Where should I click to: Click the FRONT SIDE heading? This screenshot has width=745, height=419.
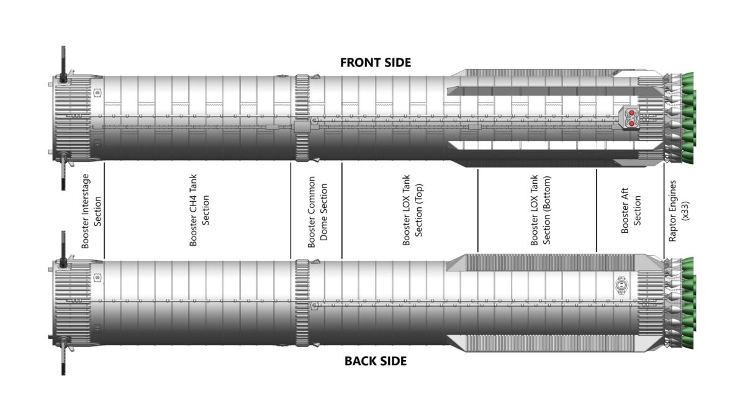376,63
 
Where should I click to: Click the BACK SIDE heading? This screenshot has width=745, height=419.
376,361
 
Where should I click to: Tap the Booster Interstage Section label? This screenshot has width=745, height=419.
91,211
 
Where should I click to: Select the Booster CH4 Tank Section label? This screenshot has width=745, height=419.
199,210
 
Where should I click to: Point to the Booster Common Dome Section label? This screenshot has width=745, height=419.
318,212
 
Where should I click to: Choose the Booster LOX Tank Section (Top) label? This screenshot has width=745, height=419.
412,210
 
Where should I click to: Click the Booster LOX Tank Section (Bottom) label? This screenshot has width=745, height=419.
541,210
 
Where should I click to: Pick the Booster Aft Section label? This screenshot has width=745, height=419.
631,210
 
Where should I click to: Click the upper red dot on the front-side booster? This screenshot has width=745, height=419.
631,113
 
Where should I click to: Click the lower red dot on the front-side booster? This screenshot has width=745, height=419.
631,124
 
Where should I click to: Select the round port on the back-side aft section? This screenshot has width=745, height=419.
621,286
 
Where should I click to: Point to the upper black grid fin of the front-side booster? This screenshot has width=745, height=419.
63,64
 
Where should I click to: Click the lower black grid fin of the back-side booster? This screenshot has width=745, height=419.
63,358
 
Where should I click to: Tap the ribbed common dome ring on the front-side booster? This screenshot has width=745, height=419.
302,118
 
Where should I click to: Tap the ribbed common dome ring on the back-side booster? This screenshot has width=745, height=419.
302,303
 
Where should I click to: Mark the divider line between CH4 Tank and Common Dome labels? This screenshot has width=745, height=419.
291,210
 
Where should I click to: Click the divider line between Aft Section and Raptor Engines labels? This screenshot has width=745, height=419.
664,210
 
